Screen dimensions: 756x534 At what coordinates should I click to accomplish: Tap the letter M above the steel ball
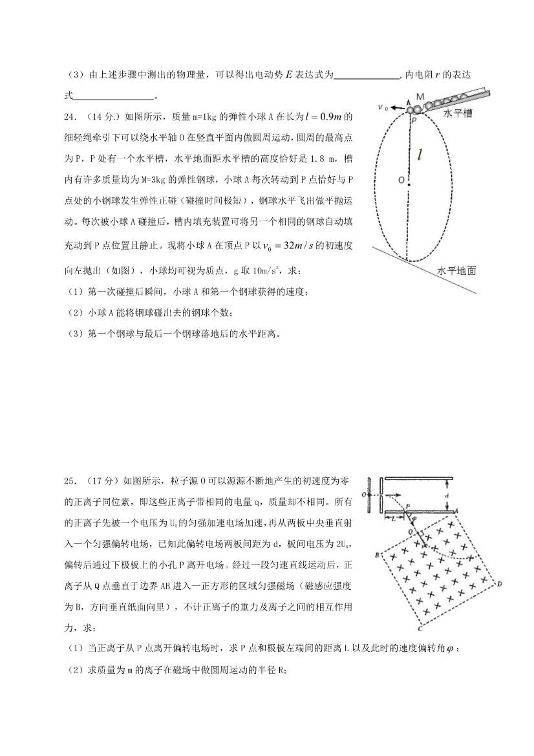pyautogui.click(x=420, y=96)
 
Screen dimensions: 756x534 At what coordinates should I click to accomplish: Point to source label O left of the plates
pyautogui.click(x=365, y=495)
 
